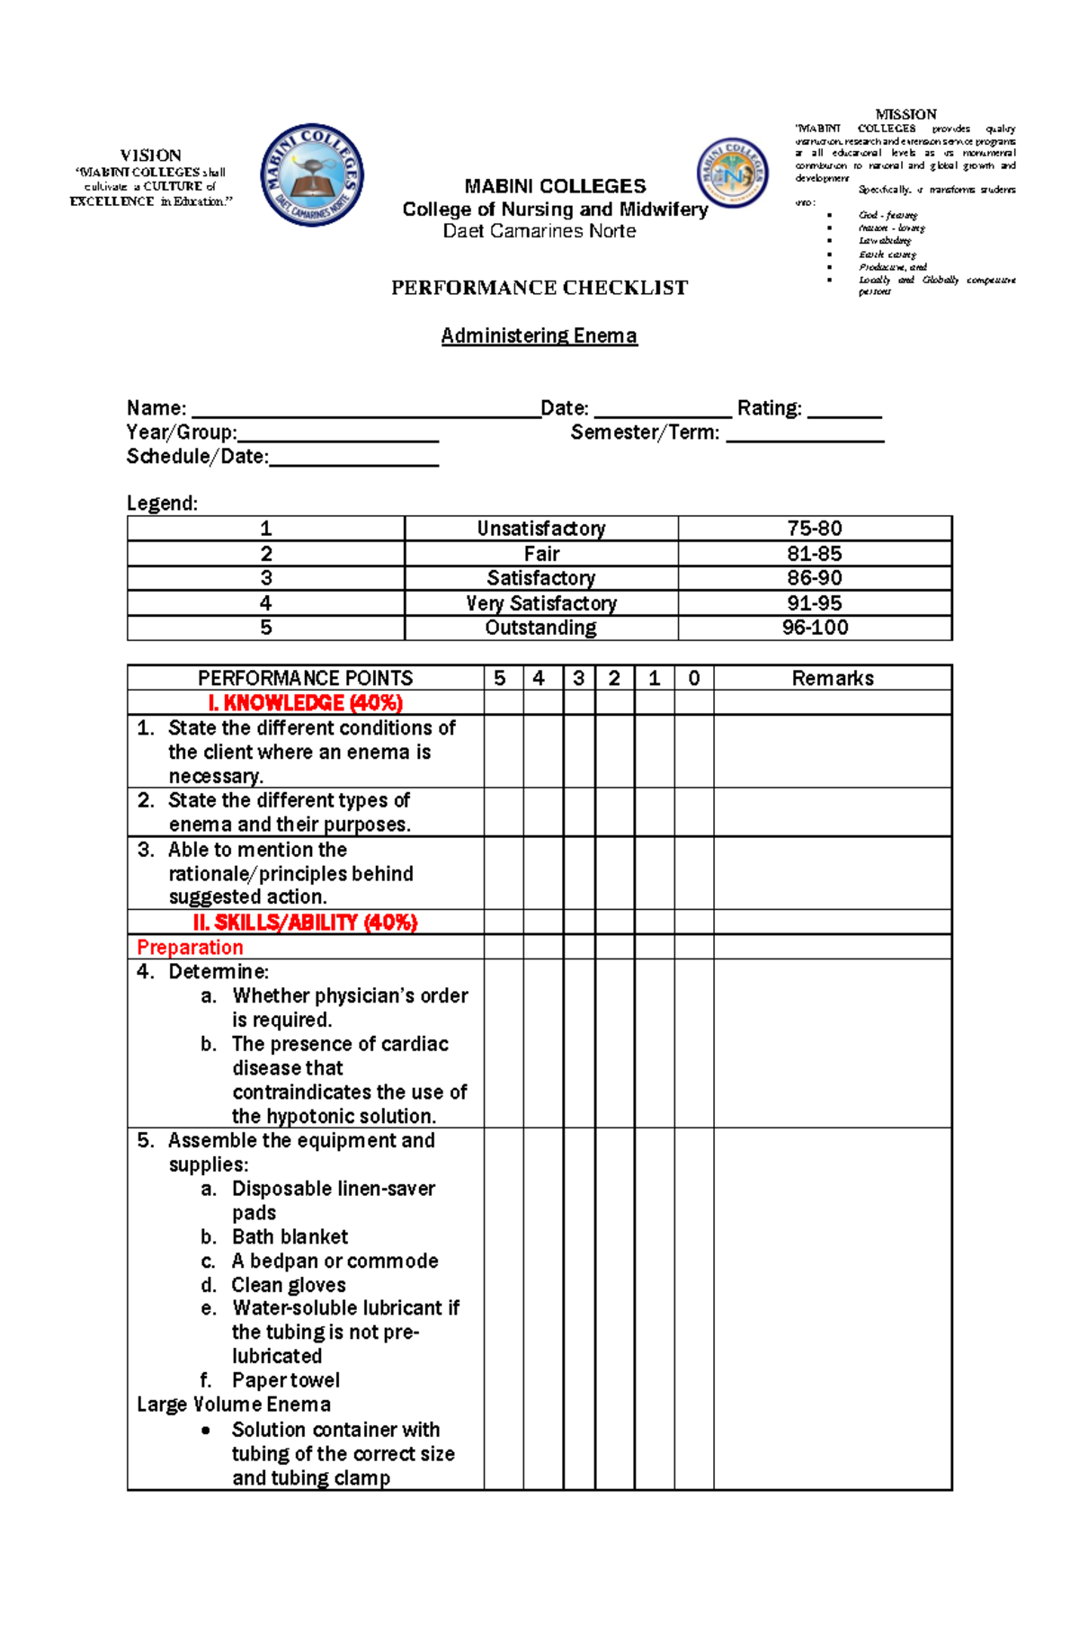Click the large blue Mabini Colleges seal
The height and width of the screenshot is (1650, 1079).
coord(312,175)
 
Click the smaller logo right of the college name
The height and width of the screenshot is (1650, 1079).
coord(733,174)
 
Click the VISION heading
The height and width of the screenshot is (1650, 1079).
coord(150,156)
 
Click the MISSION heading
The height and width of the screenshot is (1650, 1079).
coord(905,114)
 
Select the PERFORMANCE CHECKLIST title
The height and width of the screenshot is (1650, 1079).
coord(539,288)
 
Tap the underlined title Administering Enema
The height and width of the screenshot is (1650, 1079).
coord(539,335)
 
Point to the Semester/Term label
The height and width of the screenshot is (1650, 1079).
coord(645,433)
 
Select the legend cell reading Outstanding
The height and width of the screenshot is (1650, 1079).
coord(540,628)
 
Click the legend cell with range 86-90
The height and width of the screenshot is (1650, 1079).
coord(814,578)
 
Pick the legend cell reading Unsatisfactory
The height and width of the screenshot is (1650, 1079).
coord(540,529)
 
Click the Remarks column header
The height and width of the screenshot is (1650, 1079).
coord(832,678)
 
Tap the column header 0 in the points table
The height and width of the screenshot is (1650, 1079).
coord(693,678)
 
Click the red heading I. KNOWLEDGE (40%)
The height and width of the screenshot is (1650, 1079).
coord(305,702)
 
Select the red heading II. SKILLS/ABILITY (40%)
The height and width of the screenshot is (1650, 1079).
coord(305,923)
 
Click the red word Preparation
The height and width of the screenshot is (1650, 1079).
coord(190,947)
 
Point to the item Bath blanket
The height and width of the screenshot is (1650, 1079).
coord(290,1236)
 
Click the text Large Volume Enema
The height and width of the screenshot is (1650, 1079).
coord(234,1405)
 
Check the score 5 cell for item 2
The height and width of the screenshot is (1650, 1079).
coord(504,812)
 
